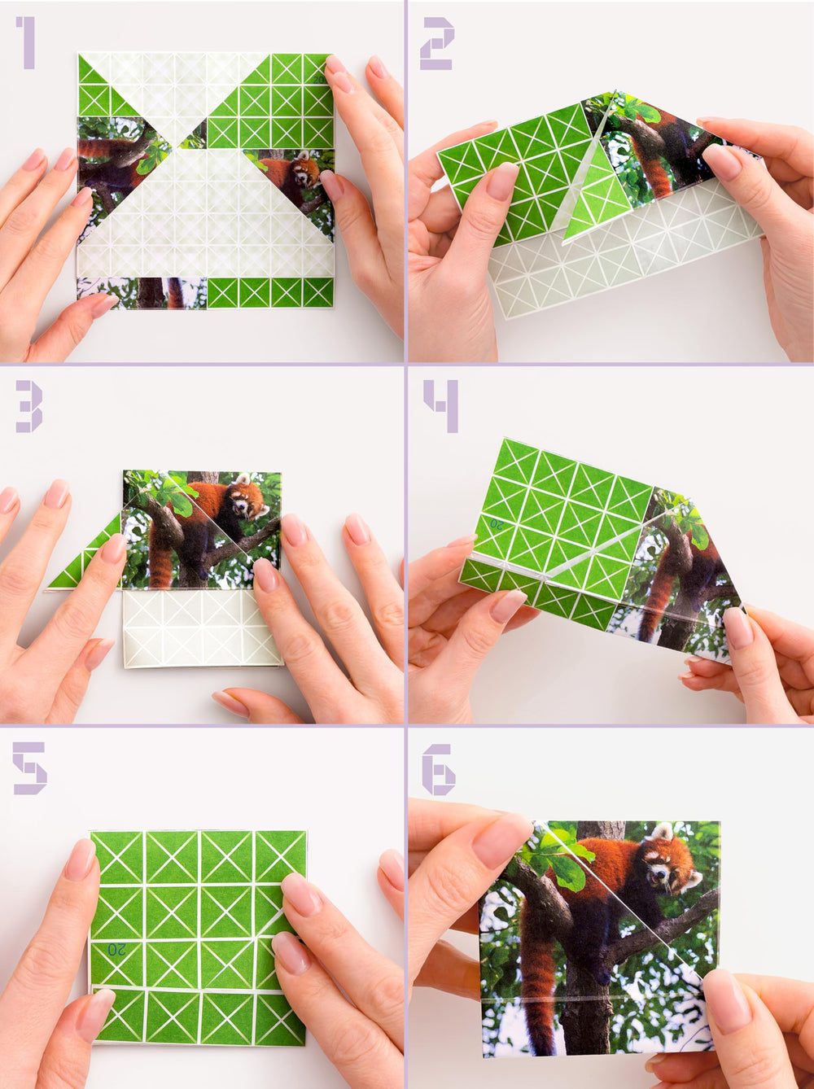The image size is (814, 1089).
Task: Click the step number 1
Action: (x=26, y=42)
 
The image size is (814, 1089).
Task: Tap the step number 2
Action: (x=437, y=43)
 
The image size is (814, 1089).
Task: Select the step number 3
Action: (x=28, y=405)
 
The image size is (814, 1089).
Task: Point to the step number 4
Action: (x=440, y=405)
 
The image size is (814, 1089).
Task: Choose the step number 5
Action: (x=29, y=768)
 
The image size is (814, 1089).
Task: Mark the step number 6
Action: (x=438, y=769)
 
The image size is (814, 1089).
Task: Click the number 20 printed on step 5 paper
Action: (x=116, y=949)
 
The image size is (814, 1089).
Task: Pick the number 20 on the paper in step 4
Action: (x=496, y=525)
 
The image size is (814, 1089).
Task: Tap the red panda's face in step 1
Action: (x=304, y=171)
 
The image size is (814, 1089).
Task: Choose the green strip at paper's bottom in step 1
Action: (x=270, y=292)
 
